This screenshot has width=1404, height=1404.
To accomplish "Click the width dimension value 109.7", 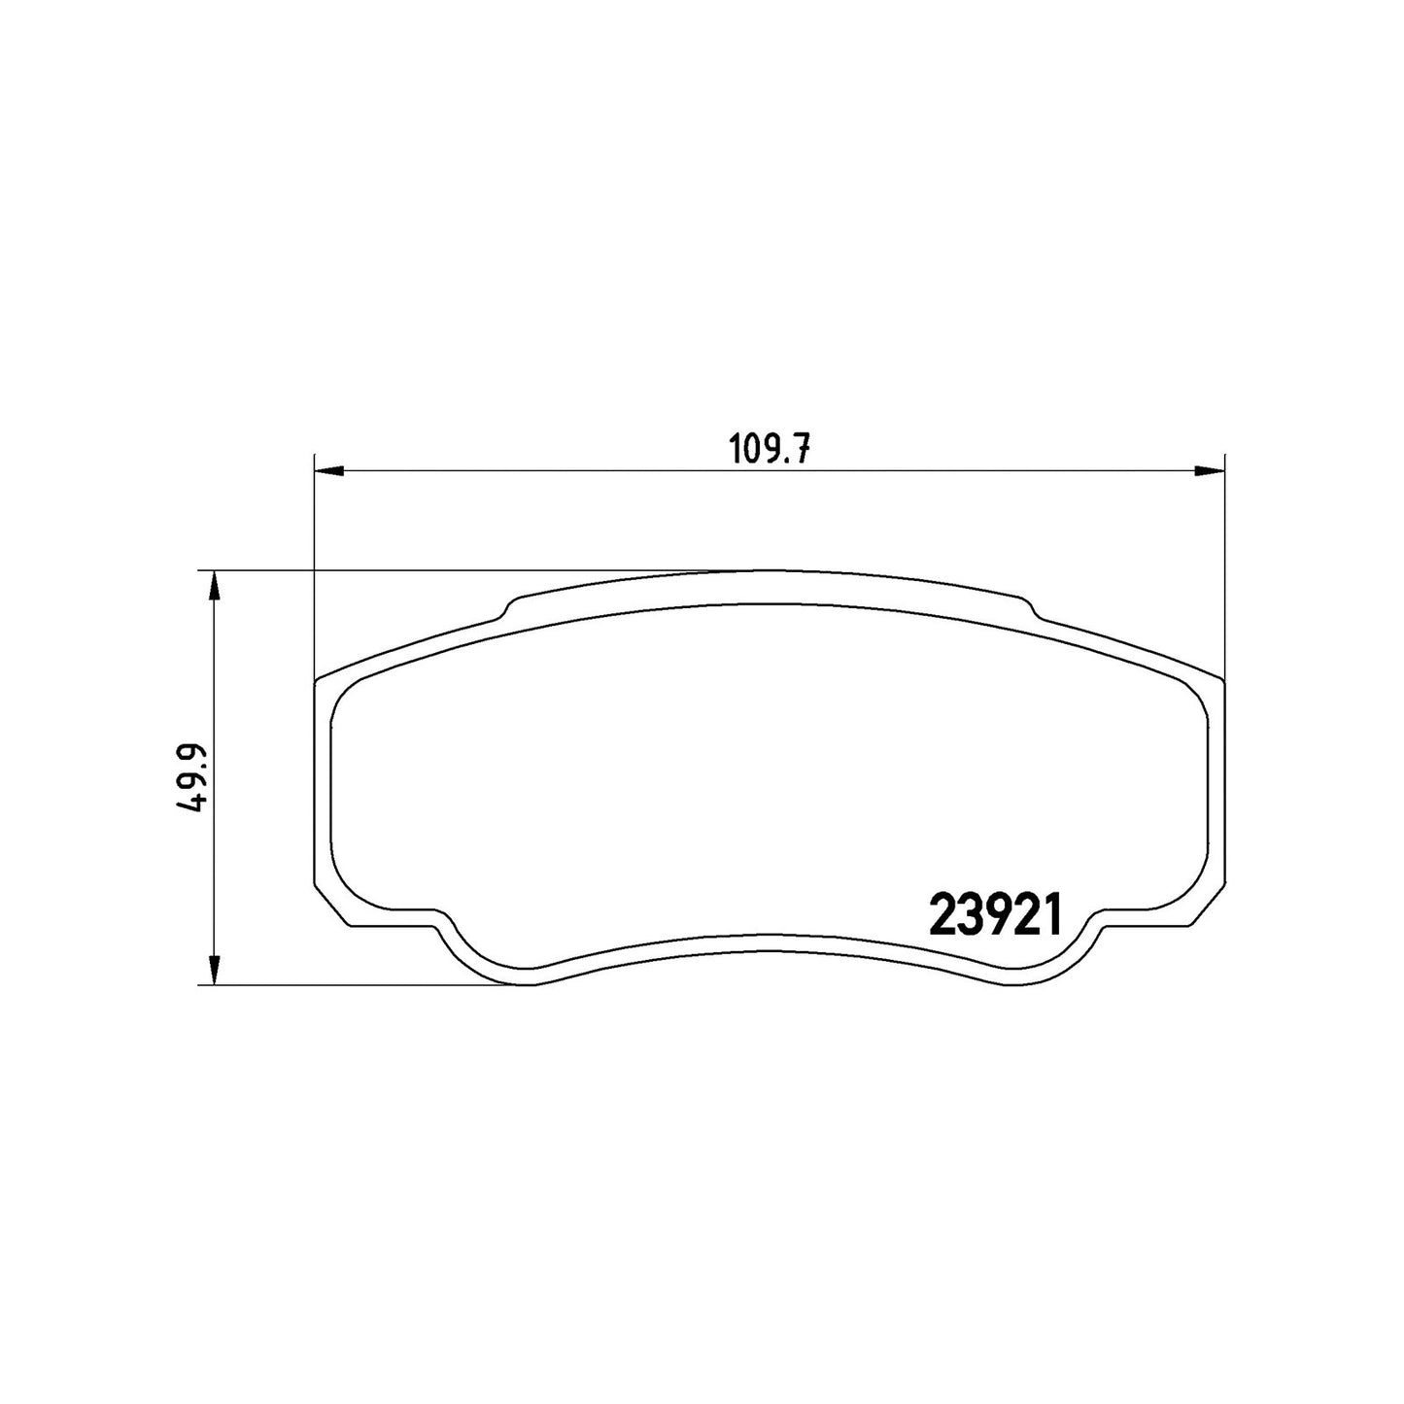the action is (770, 451).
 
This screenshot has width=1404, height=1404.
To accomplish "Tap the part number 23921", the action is (995, 915).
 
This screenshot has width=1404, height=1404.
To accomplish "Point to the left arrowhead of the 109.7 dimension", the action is (327, 471).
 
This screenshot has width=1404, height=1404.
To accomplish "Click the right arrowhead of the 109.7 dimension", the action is (1210, 471).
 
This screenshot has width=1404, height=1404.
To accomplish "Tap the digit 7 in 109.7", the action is (801, 451).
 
